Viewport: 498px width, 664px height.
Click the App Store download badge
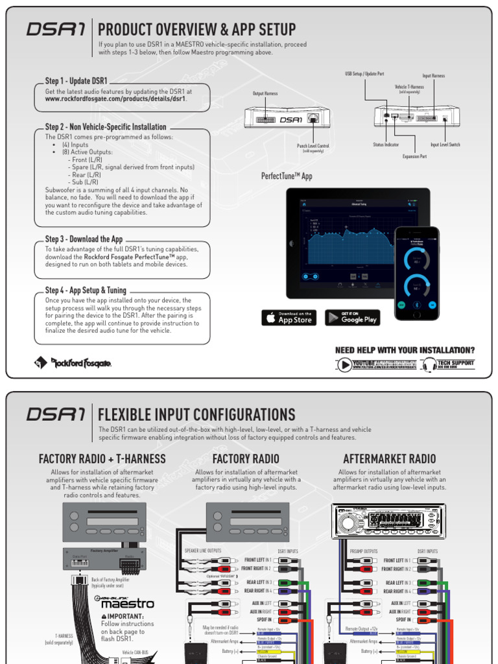pos(289,318)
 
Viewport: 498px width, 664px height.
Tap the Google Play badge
pos(352,318)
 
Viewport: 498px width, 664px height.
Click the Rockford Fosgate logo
pos(73,363)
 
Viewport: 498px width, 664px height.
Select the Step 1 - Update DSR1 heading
pos(77,81)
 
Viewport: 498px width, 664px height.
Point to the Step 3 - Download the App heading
pos(84,239)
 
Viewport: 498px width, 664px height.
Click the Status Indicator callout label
pos(386,145)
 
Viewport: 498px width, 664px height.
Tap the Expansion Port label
pos(414,156)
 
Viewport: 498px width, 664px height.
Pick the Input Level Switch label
pos(445,145)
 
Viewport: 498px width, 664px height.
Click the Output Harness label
pos(265,93)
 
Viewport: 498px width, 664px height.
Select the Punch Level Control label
pos(313,147)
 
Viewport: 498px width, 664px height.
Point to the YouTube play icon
pos(344,365)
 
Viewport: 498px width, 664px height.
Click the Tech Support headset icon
pos(429,365)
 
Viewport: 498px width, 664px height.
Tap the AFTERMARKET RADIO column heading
pos(389,459)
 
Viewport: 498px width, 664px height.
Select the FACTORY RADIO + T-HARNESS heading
pos(102,459)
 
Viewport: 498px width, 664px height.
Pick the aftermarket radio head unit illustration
pos(388,521)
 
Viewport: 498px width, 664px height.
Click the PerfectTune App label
pos(287,176)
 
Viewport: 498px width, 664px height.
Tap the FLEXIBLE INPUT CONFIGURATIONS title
pos(196,414)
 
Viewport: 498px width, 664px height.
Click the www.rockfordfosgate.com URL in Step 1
pos(115,99)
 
